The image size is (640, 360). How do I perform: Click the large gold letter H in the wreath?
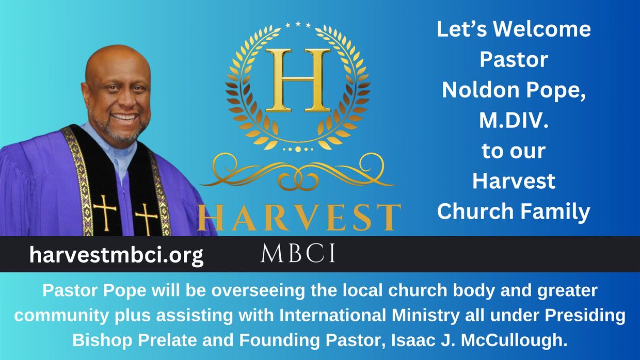click(x=298, y=80)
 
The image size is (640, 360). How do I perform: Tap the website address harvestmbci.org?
click(x=116, y=255)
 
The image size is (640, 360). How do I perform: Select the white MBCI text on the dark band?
click(x=298, y=253)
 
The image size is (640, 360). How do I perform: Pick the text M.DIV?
click(x=514, y=120)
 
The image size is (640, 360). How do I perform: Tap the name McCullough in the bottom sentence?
click(x=514, y=340)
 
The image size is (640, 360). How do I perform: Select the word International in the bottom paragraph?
click(x=332, y=315)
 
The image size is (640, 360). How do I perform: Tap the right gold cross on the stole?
click(x=146, y=218)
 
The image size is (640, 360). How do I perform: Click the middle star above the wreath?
click(x=298, y=23)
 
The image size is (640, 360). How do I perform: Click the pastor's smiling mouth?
click(x=124, y=117)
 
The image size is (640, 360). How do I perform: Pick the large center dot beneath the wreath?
click(x=298, y=149)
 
